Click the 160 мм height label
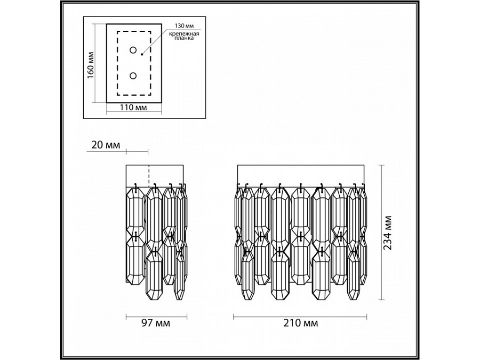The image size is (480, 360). [91, 64]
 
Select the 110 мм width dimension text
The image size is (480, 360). [133, 108]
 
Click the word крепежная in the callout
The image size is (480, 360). [184, 34]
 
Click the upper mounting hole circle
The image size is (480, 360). [133, 51]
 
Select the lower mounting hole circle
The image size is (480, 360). [133, 75]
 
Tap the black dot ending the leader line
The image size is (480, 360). [142, 53]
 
